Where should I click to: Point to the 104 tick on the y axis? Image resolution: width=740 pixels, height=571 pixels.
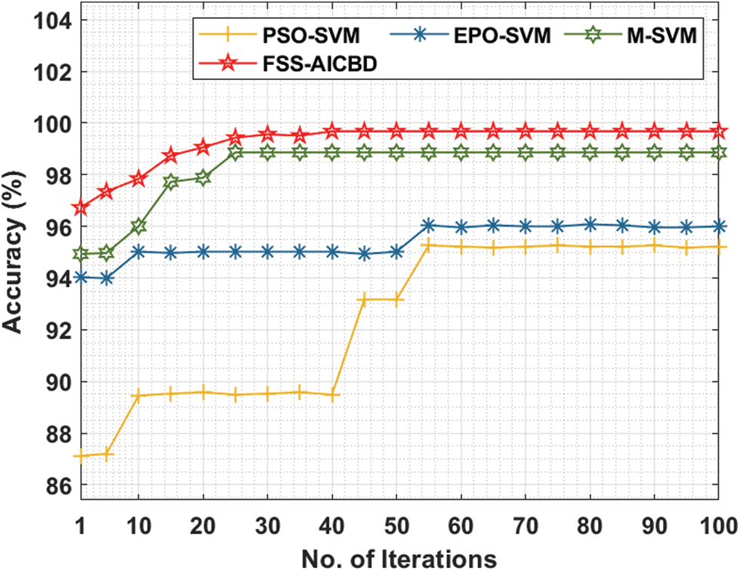click(x=50, y=20)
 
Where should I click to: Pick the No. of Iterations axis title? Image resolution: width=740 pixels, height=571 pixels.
click(x=398, y=557)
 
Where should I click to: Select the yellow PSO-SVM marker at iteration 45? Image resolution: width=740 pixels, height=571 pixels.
click(x=364, y=300)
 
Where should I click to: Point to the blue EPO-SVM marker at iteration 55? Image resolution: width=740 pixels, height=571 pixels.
click(x=428, y=225)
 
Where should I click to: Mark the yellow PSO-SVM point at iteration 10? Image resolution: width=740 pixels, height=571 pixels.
click(x=138, y=395)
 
